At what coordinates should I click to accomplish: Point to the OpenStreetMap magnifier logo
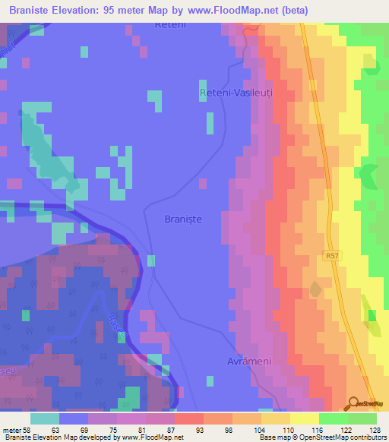point(353,403)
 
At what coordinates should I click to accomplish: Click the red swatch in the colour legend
point(188,418)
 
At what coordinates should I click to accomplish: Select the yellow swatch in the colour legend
point(304,418)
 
